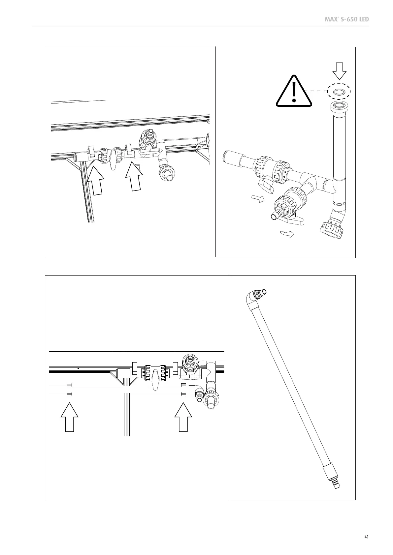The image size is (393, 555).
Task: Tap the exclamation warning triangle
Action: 293,92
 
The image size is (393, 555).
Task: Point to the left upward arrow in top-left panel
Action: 95,181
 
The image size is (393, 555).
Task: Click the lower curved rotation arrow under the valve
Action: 286,234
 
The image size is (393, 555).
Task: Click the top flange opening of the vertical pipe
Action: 339,106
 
